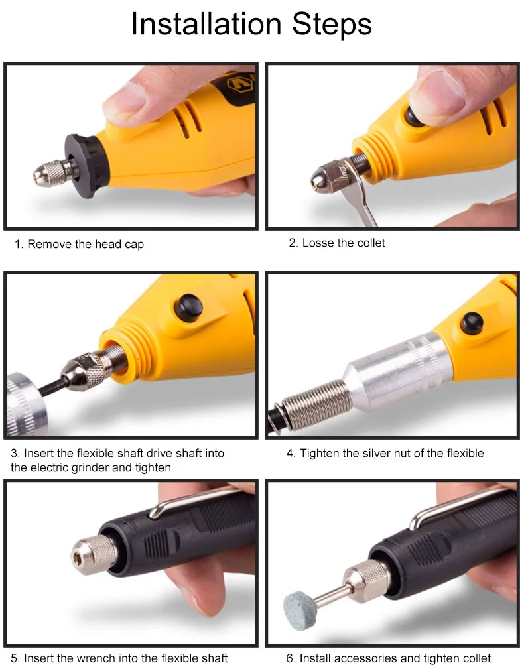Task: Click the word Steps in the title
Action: point(332,25)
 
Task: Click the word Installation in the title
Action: point(206,24)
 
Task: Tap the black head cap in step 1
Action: point(86,166)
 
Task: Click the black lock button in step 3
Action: point(188,308)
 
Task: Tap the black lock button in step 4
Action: point(472,323)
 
